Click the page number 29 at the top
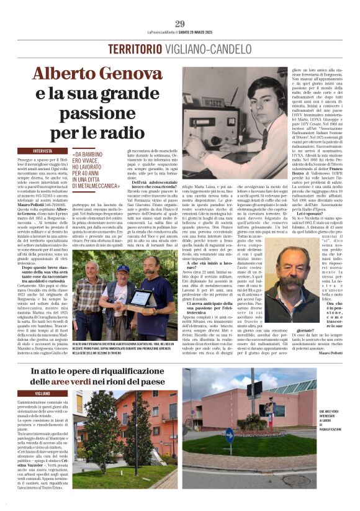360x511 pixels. (x=179, y=23)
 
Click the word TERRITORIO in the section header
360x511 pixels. (x=135, y=49)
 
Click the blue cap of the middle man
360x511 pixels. (x=123, y=268)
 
